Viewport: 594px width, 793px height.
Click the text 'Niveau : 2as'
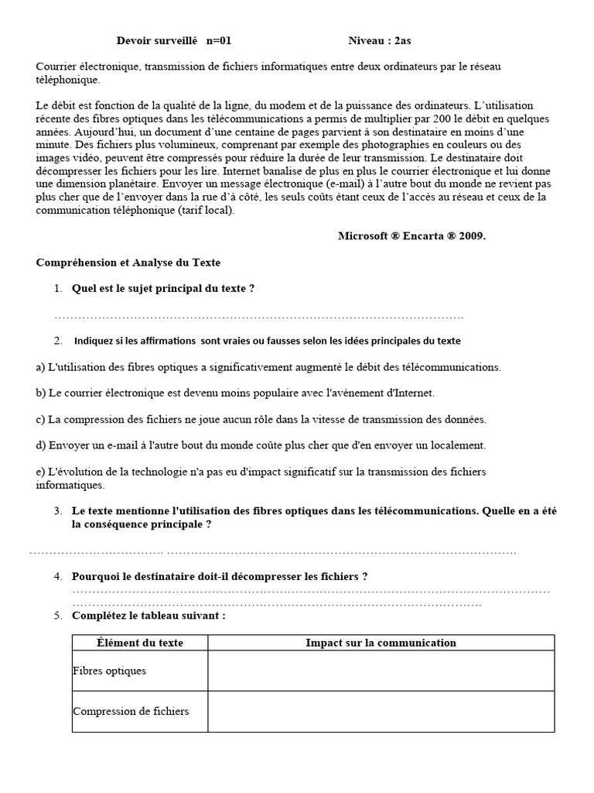pos(385,40)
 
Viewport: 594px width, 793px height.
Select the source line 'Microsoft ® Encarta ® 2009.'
pos(411,236)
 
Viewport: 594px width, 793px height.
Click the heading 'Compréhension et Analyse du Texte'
pos(128,263)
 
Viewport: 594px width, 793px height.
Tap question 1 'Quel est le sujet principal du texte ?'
pos(163,289)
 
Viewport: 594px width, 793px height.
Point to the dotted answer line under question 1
pos(259,316)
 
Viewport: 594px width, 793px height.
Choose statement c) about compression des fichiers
pos(261,419)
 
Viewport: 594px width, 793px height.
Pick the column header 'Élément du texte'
pos(140,643)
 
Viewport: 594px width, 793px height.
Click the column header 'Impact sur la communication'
pos(381,643)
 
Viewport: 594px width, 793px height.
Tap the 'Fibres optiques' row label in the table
pos(109,671)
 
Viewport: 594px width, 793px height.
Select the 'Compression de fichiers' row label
pos(131,711)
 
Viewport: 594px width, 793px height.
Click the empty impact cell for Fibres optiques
pos(381,671)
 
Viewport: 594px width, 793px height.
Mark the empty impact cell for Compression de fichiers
pos(381,711)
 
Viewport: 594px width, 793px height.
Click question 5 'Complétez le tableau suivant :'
pos(148,616)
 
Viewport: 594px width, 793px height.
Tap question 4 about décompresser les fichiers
pos(220,576)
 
